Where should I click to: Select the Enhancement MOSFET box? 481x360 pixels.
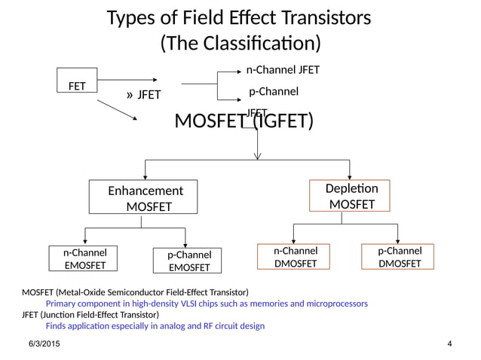(x=142, y=198)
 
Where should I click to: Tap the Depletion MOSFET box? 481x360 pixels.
(x=349, y=195)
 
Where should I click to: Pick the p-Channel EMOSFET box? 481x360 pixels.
(x=188, y=261)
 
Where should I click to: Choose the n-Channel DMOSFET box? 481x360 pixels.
(x=295, y=256)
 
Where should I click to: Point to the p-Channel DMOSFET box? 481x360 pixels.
(x=399, y=256)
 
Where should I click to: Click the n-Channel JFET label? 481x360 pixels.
(x=283, y=70)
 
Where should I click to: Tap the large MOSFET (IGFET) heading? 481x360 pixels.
(x=244, y=121)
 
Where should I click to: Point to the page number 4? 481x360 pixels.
(x=449, y=344)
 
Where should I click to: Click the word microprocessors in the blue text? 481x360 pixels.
(x=332, y=304)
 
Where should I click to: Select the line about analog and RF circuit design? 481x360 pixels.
(x=155, y=326)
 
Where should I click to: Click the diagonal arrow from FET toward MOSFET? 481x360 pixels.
(x=117, y=110)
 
